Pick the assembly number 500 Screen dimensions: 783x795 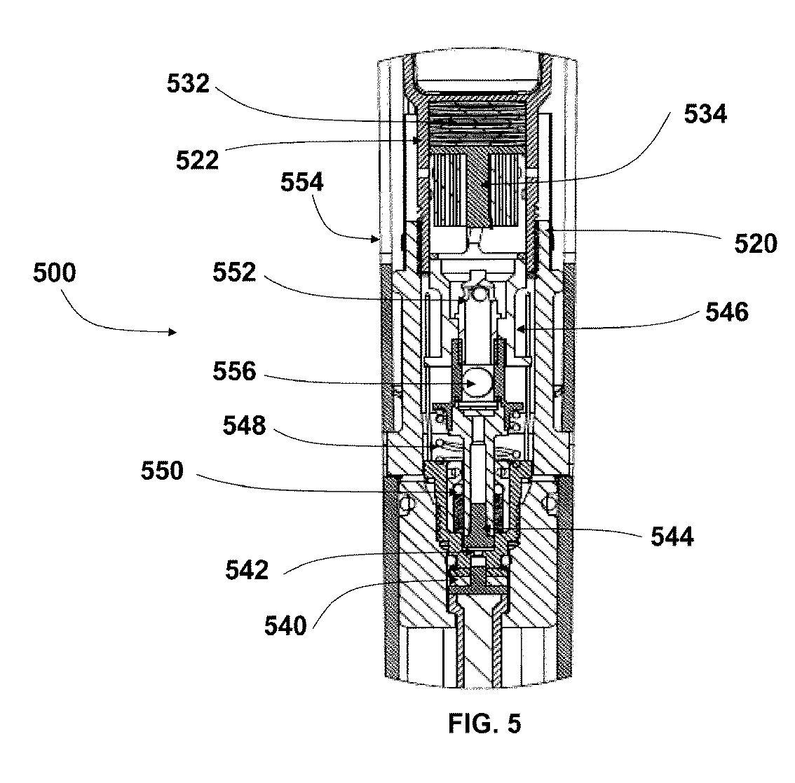[x=54, y=273]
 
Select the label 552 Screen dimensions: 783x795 [x=235, y=273]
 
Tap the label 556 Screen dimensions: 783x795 [x=235, y=371]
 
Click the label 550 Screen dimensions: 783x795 [x=161, y=471]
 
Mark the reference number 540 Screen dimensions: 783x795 [x=285, y=625]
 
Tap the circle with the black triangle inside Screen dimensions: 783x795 [x=476, y=383]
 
